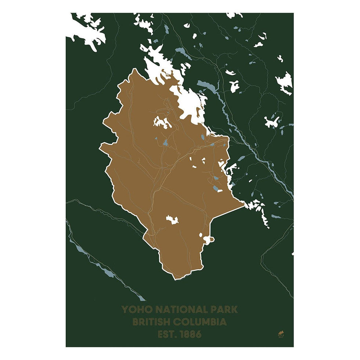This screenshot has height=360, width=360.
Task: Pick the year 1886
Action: click(x=191, y=335)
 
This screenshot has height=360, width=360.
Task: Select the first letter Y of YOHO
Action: click(x=125, y=310)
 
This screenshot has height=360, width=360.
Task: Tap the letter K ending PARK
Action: click(x=234, y=310)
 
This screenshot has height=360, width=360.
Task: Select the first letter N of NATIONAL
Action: click(x=156, y=310)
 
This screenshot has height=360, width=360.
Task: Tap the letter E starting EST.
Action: click(x=161, y=335)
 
